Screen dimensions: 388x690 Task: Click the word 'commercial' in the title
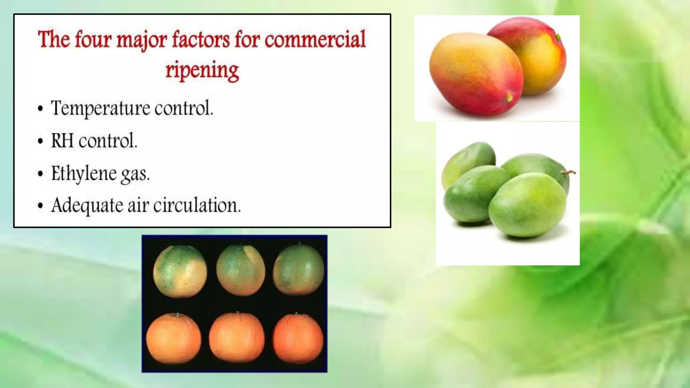[315, 40]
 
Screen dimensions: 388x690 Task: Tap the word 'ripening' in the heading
[202, 70]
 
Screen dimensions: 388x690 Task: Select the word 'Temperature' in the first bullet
[100, 108]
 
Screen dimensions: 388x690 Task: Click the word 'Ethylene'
[84, 174]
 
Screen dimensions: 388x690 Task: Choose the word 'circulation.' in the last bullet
[197, 205]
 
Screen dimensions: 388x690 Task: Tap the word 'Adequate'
[87, 205]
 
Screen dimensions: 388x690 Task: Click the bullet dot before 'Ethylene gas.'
[40, 174]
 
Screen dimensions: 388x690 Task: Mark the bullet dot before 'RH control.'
[40, 141]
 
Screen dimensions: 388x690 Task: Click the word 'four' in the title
[93, 40]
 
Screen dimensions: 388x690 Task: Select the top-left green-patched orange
[180, 271]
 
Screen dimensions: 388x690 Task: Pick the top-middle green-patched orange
[240, 270]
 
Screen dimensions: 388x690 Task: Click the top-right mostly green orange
[299, 270]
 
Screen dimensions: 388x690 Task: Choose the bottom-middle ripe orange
[237, 338]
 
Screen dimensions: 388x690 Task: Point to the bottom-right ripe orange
[298, 339]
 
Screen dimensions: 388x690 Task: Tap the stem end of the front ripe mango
[509, 98]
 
